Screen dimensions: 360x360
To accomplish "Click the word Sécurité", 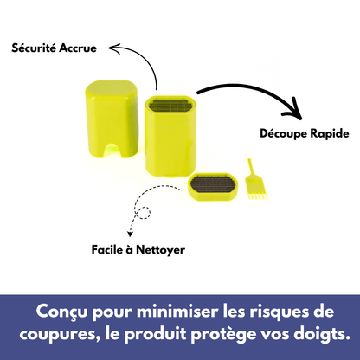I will pyautogui.click(x=32, y=49).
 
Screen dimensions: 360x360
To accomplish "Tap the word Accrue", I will pyautogui.click(x=76, y=49).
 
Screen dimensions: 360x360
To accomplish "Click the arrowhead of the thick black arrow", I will pyautogui.click(x=296, y=111).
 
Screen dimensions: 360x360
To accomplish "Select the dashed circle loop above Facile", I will pyautogui.click(x=143, y=211).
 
